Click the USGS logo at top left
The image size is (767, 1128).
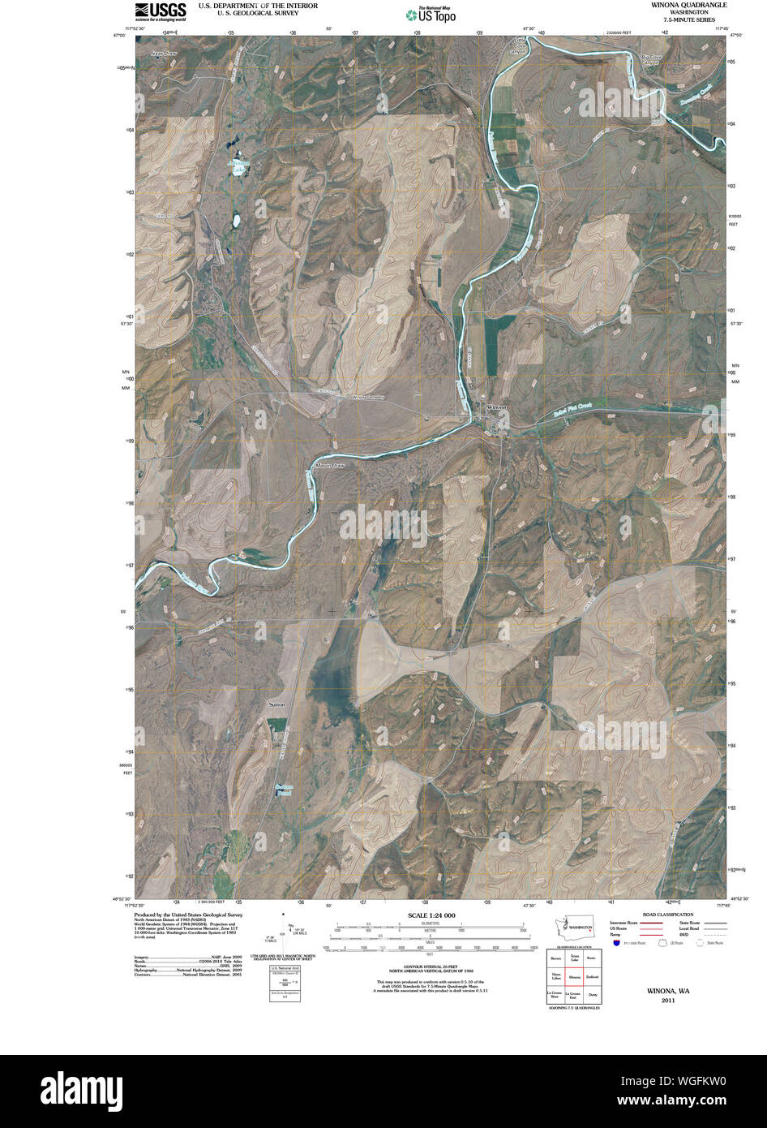click(x=161, y=11)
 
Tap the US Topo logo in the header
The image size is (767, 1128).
click(x=431, y=14)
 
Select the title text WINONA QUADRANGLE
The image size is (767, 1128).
click(x=688, y=5)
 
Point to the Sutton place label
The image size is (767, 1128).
click(x=276, y=704)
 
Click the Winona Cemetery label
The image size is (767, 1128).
click(x=366, y=398)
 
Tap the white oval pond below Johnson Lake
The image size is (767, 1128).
click(x=237, y=220)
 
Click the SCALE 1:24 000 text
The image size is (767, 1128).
click(x=426, y=915)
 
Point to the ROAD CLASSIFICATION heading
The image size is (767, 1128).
click(x=666, y=915)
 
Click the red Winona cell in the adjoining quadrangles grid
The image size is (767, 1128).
click(x=575, y=978)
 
